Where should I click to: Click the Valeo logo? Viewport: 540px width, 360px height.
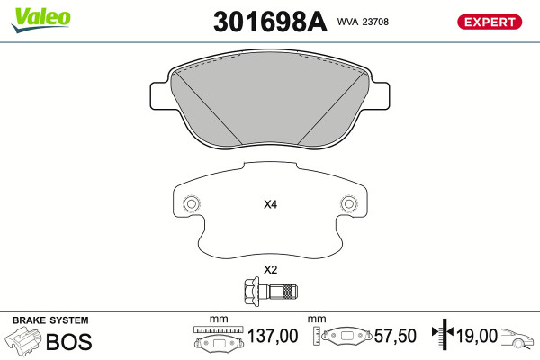click(x=41, y=20)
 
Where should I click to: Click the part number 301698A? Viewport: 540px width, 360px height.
click(x=270, y=22)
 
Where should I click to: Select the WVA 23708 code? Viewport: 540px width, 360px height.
click(x=363, y=22)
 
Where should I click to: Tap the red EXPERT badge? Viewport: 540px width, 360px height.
click(x=490, y=22)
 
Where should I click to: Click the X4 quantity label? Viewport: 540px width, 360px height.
click(x=270, y=204)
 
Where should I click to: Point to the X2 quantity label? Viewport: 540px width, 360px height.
click(x=270, y=270)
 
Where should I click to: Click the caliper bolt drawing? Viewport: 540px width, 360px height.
click(x=271, y=292)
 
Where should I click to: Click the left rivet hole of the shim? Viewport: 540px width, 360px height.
click(x=192, y=204)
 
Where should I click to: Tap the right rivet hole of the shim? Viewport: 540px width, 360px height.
click(x=349, y=204)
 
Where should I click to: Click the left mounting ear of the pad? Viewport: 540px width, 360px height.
click(x=160, y=96)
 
